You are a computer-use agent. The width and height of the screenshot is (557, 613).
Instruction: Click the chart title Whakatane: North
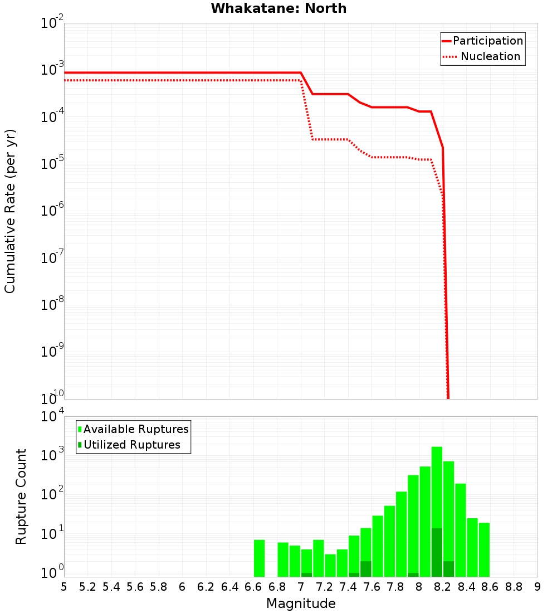point(278,8)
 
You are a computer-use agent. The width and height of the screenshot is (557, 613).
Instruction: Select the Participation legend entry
point(488,41)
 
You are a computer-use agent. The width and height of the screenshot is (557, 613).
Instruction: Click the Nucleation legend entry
point(490,56)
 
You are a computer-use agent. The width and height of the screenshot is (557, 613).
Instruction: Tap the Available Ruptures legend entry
point(136,429)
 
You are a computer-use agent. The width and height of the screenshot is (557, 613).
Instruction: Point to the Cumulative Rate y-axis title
point(10,211)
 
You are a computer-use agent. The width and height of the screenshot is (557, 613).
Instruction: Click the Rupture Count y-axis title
point(21,497)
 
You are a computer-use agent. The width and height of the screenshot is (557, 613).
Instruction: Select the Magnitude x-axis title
point(301,604)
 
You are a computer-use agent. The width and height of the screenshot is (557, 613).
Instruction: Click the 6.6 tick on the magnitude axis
point(253,586)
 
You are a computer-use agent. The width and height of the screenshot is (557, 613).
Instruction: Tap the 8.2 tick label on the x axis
point(443,586)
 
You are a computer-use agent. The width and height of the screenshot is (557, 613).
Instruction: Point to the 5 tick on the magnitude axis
point(64,586)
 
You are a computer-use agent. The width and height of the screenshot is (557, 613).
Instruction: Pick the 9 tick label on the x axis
point(538,586)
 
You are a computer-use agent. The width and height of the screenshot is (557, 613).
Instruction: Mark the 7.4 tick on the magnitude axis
point(348,586)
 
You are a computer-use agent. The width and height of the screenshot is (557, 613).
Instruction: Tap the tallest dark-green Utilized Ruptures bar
point(437,552)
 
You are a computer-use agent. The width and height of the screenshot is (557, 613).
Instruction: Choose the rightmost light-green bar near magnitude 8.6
point(484,549)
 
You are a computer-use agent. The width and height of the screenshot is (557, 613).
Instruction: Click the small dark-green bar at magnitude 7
point(306,575)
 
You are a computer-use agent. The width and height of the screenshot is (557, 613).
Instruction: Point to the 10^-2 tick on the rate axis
point(52,23)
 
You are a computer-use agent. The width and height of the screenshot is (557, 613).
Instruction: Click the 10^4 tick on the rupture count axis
point(52,416)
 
